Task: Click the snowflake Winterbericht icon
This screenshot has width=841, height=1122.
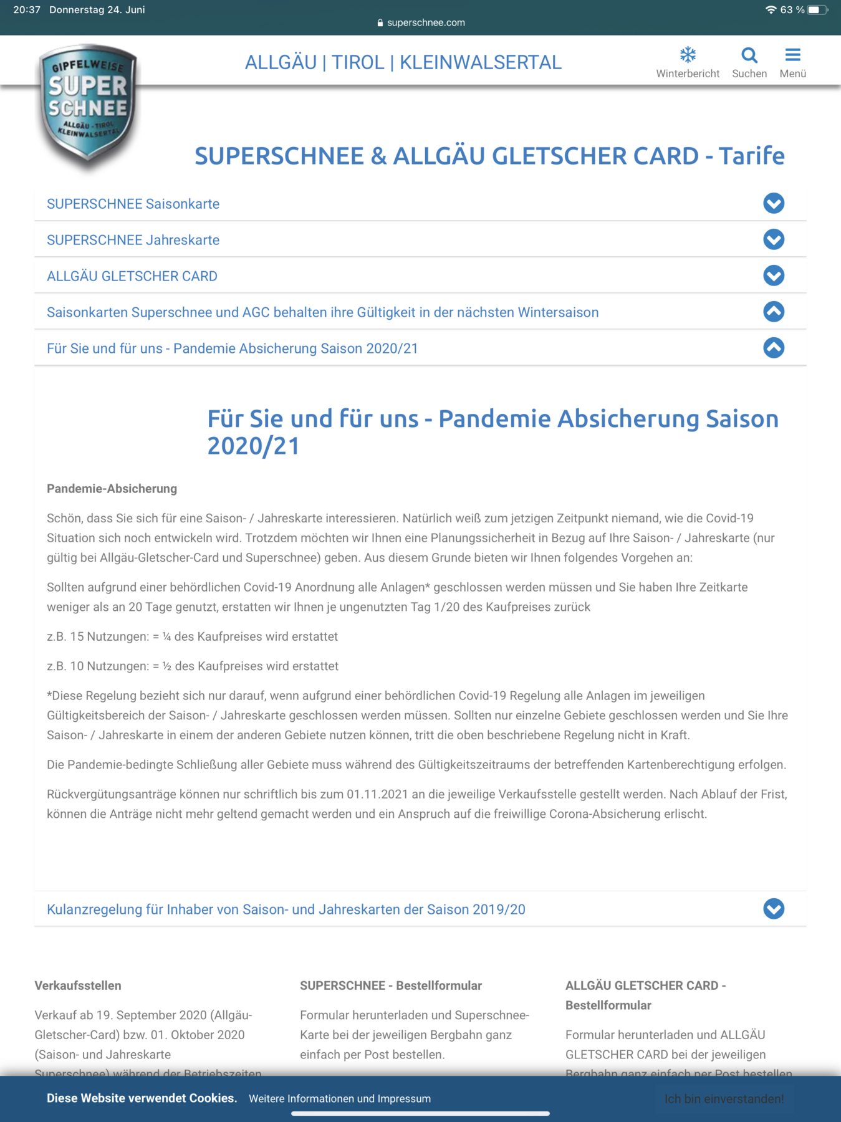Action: click(688, 55)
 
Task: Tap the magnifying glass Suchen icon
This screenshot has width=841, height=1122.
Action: click(749, 55)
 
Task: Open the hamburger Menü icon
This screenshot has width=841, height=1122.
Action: click(792, 55)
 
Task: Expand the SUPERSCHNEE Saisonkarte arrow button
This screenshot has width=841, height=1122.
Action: click(773, 203)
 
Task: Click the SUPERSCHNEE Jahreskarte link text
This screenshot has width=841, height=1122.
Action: click(133, 240)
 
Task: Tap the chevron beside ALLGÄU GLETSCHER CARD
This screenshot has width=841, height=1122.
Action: click(773, 276)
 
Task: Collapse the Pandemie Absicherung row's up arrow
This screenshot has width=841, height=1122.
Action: click(773, 348)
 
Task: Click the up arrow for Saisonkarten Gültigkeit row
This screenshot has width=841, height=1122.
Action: click(773, 312)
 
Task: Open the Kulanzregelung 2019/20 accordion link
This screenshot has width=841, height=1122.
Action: click(286, 909)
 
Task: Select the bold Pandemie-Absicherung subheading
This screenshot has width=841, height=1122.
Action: click(112, 489)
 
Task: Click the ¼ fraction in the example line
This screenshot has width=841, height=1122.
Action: click(166, 637)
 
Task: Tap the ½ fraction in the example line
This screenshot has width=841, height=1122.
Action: click(166, 666)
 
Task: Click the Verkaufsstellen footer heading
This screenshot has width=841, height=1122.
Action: click(78, 985)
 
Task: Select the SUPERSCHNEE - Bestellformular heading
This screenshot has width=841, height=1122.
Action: click(391, 985)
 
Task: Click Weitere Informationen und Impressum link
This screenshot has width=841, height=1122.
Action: click(340, 1098)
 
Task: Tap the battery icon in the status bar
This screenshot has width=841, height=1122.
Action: click(817, 10)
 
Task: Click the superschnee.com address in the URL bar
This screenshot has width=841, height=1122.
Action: click(426, 22)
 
